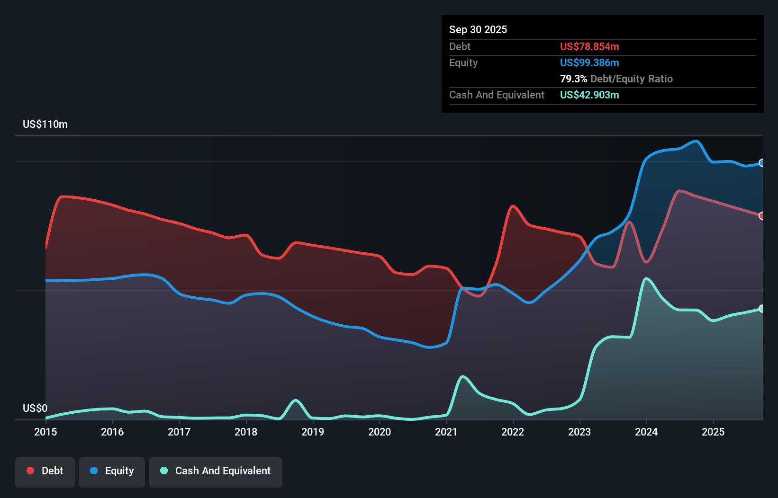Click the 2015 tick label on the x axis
tap(45, 432)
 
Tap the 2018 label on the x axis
tap(246, 432)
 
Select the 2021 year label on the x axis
tap(446, 432)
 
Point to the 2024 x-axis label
tap(646, 432)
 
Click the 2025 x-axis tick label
tap(713, 432)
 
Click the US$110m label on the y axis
tap(45, 124)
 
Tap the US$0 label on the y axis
tap(35, 408)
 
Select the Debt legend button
tap(45, 471)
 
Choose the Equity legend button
tap(112, 471)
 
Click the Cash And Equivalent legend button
tap(216, 471)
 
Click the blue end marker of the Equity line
tap(762, 163)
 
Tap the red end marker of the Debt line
tap(762, 216)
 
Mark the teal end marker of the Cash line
tap(762, 309)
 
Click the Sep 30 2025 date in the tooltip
tap(478, 29)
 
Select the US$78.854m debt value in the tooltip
tap(589, 46)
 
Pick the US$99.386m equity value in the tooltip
tap(589, 62)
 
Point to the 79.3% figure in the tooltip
tap(573, 79)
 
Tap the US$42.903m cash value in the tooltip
tap(589, 95)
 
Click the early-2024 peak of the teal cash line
tap(646, 278)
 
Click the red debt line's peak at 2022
tap(513, 206)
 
